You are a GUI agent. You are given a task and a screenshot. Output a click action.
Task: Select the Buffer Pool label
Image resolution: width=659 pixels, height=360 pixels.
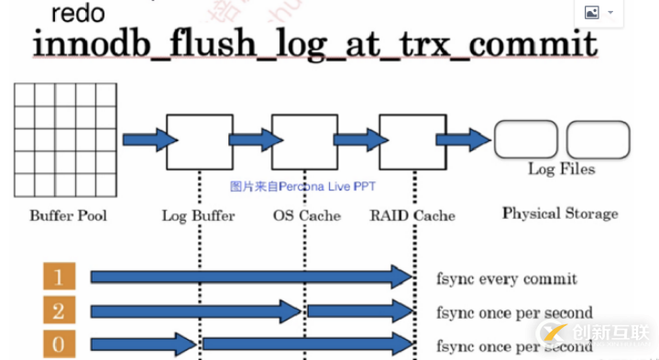tap(68, 216)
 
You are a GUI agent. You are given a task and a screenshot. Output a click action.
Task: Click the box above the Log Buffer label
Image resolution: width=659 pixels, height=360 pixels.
tap(199, 141)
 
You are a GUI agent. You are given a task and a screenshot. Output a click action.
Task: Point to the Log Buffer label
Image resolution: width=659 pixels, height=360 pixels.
tap(198, 216)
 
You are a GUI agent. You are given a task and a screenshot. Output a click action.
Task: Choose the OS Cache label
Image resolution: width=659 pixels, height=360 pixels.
tap(306, 216)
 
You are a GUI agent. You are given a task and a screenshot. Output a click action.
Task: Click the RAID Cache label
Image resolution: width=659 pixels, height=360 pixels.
tap(412, 216)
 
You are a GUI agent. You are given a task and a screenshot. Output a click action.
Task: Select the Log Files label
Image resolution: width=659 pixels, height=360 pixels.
tap(561, 169)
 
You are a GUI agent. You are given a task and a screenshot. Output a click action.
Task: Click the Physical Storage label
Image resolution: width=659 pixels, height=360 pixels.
tap(560, 213)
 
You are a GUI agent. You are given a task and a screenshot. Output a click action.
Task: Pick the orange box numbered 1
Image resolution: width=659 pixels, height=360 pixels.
tap(59, 276)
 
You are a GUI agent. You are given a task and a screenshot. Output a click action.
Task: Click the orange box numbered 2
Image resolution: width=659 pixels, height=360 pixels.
tap(59, 311)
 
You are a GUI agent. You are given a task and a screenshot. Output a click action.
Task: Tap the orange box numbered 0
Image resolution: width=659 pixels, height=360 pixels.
tap(59, 345)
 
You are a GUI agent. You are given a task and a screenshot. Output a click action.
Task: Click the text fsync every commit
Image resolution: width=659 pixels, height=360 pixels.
tap(507, 278)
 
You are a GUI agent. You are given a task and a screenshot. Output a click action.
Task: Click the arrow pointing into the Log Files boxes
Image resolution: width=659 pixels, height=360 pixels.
tap(463, 140)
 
